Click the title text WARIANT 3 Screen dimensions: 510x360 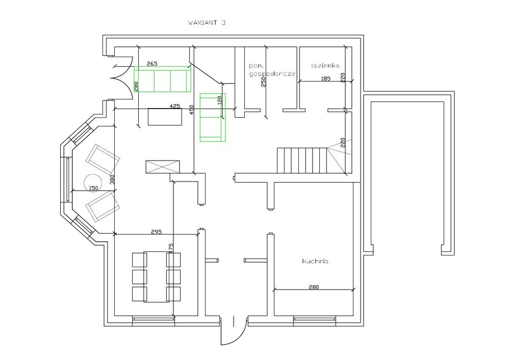207,23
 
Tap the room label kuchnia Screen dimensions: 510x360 315,261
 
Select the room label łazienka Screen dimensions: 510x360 325,66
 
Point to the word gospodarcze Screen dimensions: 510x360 272,74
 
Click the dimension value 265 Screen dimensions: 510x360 152,63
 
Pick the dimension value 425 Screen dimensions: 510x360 175,106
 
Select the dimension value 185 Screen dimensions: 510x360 325,79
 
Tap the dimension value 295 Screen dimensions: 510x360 157,232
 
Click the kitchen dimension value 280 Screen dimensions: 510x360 314,287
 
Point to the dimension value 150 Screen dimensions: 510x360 93,188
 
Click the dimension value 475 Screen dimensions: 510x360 171,249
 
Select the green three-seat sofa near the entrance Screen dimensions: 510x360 162,79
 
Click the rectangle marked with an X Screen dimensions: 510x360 162,167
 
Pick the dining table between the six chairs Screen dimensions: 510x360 156,277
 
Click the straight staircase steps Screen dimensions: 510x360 302,161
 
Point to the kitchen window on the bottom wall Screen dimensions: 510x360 315,320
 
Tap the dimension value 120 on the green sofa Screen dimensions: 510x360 220,99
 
